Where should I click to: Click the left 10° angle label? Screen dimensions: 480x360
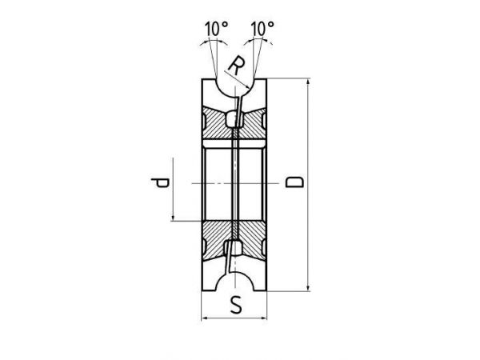click(x=217, y=29)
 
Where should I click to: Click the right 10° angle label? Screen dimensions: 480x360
click(x=262, y=29)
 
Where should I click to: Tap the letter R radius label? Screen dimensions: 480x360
click(x=237, y=66)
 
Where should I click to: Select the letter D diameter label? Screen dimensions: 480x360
click(x=294, y=182)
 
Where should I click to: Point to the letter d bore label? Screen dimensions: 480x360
click(x=160, y=182)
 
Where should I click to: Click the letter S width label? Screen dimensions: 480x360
click(x=236, y=306)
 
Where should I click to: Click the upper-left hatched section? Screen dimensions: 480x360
click(x=217, y=123)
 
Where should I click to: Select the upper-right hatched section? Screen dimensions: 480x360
click(x=252, y=123)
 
